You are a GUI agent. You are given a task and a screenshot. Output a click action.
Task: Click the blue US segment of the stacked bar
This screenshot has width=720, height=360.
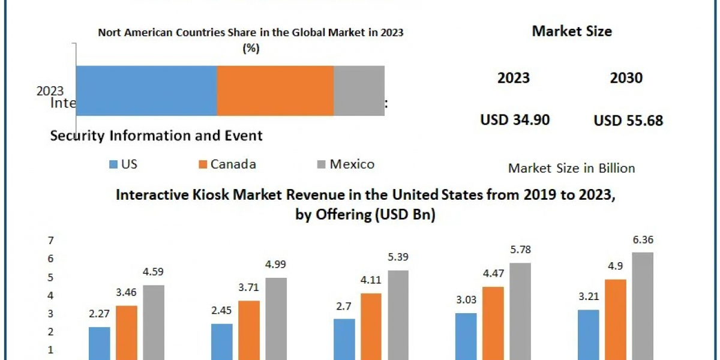point(146,90)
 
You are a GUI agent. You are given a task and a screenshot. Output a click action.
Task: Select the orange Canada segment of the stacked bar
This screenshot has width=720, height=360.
point(275,90)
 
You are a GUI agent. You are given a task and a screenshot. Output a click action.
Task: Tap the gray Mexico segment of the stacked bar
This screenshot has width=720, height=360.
point(359,90)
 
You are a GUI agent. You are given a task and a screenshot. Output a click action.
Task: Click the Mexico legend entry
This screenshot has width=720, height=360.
point(346,164)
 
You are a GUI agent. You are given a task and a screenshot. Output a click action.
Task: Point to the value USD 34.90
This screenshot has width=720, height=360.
point(515,119)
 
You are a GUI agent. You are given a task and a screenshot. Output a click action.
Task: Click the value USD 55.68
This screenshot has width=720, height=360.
point(628,120)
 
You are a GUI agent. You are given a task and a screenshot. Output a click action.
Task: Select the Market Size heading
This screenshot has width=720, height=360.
point(572,31)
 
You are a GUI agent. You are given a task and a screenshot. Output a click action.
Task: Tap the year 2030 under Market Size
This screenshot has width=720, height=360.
point(626,77)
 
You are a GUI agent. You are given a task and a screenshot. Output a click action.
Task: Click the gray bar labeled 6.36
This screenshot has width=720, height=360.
point(643,306)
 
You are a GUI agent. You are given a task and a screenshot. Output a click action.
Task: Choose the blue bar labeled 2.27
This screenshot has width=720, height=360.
point(100,343)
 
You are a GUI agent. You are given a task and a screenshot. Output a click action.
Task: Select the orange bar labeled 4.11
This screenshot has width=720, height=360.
point(371,326)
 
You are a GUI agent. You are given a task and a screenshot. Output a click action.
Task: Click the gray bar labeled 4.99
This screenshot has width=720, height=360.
point(276,318)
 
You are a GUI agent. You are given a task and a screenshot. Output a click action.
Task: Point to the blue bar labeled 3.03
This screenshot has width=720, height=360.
point(466,336)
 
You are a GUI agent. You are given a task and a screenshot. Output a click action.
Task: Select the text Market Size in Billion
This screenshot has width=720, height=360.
point(571,168)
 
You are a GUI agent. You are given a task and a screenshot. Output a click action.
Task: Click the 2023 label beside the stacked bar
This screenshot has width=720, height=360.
point(50,91)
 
